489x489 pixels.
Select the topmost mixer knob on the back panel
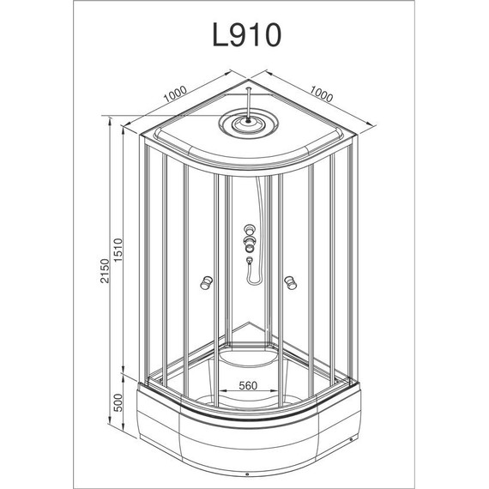click(250, 230)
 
